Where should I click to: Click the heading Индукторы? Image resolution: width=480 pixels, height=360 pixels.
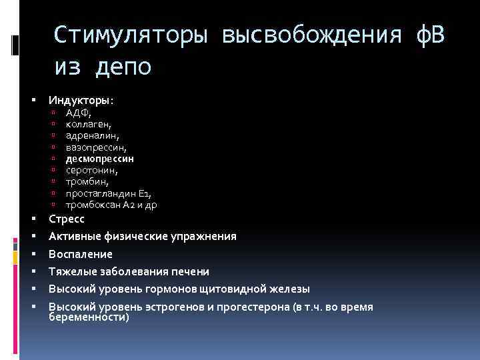(x=81, y=100)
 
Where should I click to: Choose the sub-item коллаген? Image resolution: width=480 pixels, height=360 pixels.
(x=88, y=124)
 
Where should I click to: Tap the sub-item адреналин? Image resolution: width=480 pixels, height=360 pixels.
(x=91, y=135)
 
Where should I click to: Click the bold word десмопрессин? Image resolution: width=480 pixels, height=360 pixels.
(x=99, y=159)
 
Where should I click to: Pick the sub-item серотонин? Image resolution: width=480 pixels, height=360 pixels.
(x=92, y=170)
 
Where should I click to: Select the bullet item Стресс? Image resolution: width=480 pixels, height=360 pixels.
(x=66, y=219)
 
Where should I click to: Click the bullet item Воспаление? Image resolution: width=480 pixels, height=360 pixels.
(x=80, y=254)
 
